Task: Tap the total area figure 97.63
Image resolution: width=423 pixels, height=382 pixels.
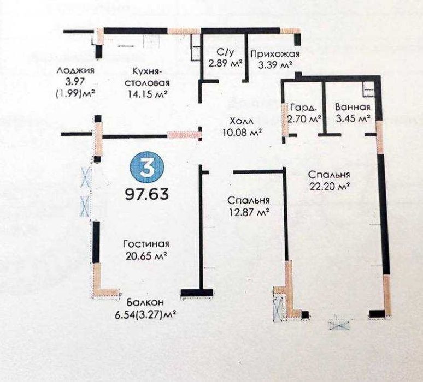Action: click(147, 194)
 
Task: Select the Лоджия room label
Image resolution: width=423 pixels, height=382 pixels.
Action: click(75, 70)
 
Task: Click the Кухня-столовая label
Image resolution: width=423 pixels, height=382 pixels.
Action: click(147, 76)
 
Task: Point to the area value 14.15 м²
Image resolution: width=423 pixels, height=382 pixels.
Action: click(147, 94)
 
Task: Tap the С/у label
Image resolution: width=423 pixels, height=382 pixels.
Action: click(224, 51)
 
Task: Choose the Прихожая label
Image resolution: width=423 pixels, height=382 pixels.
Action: click(275, 54)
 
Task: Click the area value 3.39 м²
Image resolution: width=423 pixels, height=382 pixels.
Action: click(275, 65)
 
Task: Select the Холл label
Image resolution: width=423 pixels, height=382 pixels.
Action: click(242, 121)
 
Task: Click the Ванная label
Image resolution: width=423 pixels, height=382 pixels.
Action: click(352, 107)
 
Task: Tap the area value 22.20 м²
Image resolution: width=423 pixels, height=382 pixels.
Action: click(330, 186)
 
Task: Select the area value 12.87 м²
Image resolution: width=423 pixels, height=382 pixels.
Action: click(249, 212)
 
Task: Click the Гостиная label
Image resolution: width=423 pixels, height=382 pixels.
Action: click(146, 244)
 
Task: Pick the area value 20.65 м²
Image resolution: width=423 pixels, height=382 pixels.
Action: click(146, 255)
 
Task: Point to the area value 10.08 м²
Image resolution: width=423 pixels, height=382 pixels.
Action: click(242, 132)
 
